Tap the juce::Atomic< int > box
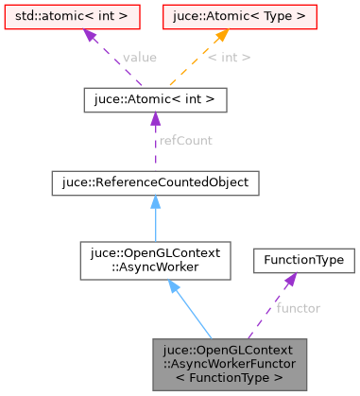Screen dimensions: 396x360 [154, 98]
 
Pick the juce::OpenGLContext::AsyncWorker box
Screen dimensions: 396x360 [154, 260]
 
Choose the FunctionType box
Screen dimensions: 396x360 [302, 260]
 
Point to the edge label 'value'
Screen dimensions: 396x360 [139, 58]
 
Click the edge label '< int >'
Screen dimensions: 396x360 [229, 58]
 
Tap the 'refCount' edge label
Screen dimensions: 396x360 [185, 140]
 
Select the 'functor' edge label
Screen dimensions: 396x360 [298, 308]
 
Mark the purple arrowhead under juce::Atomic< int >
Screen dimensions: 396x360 [154, 118]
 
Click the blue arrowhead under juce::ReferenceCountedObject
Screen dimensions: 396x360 [154, 202]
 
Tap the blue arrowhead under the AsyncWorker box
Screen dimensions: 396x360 [174, 287]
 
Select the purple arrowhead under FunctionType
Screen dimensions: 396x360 [289, 280]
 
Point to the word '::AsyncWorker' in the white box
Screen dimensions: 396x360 [154, 267]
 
